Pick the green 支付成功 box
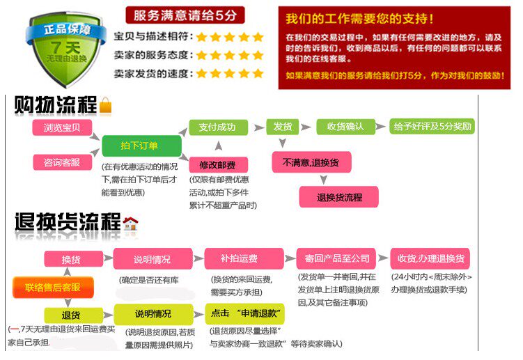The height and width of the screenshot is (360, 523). coord(217,127)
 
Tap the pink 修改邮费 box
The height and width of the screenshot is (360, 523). coord(217,165)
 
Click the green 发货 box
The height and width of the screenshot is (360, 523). coord(282,127)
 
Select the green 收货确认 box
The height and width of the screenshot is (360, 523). coord(341,127)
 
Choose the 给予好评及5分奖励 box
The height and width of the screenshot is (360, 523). coord(432,127)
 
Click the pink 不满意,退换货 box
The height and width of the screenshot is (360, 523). coord(311,162)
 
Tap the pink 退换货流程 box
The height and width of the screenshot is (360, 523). coord(339,197)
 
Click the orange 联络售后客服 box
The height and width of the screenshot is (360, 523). coord(52,287)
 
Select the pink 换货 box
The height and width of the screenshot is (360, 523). coord(72,259)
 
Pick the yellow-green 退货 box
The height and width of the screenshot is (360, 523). coord(72,315)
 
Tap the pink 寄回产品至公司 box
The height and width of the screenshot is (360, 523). coord(336,258)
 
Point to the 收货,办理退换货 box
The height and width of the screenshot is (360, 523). coord(431,258)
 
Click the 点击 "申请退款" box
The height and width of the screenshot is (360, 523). coord(239,314)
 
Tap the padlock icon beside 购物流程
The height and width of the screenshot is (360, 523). coord(106,106)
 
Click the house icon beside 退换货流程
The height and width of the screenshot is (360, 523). coord(130,224)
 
